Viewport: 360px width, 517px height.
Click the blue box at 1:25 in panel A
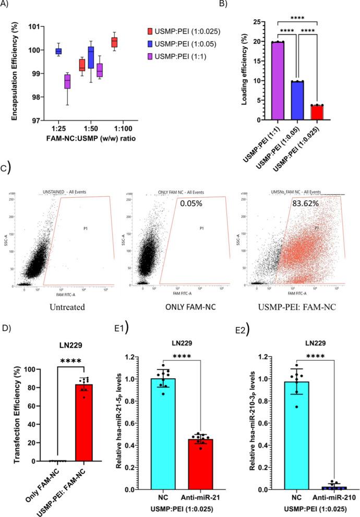click(58, 51)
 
